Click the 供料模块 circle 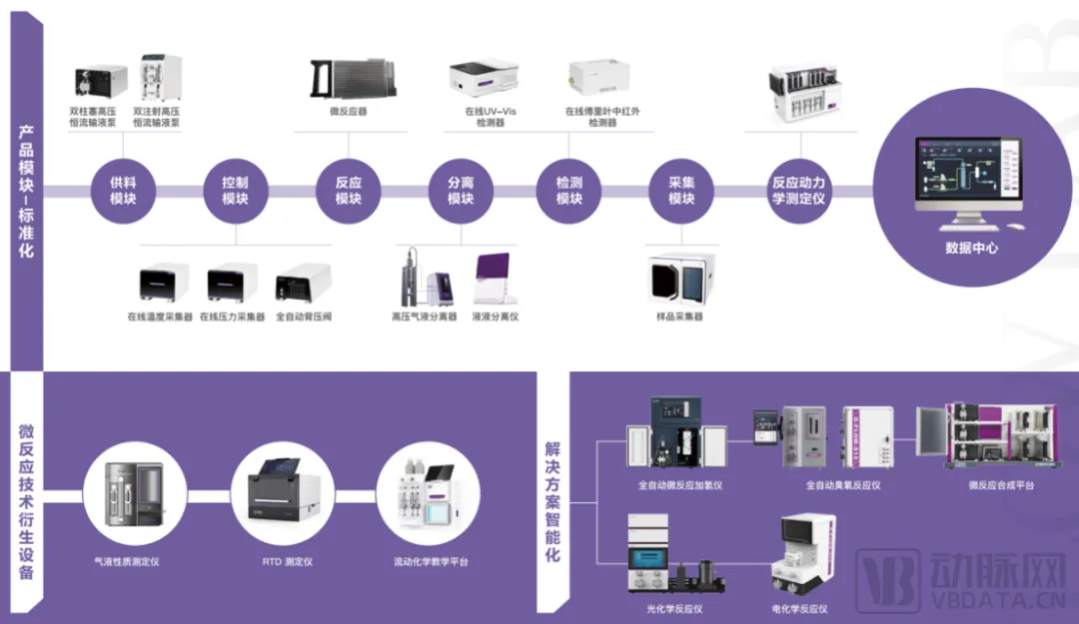pos(123,191)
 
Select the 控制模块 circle pos(235,191)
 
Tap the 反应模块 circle pos(348,191)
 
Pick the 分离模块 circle pos(460,191)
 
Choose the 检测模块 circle pos(569,191)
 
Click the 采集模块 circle pos(681,191)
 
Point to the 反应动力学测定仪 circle pos(798,191)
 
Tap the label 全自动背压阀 pos(304,317)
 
